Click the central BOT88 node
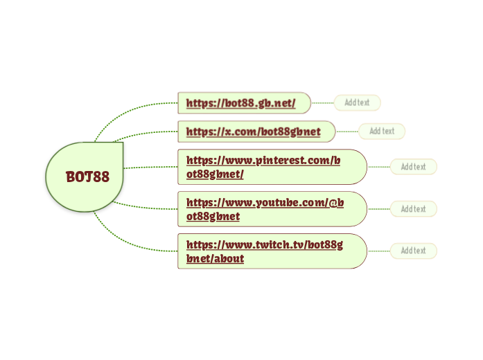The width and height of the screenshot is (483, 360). [86, 177]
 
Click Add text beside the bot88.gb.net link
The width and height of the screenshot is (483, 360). [357, 102]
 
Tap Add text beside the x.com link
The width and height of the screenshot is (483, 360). [381, 131]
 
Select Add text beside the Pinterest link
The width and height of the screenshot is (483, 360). [413, 167]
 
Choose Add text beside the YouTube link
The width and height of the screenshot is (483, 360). [413, 209]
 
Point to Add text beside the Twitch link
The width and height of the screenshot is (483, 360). [413, 251]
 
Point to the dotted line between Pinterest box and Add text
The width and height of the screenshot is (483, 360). [378, 167]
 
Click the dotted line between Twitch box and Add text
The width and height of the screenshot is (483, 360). [378, 251]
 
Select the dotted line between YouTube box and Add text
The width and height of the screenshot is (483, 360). [378, 209]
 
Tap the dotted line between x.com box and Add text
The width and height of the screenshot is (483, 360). [346, 131]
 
